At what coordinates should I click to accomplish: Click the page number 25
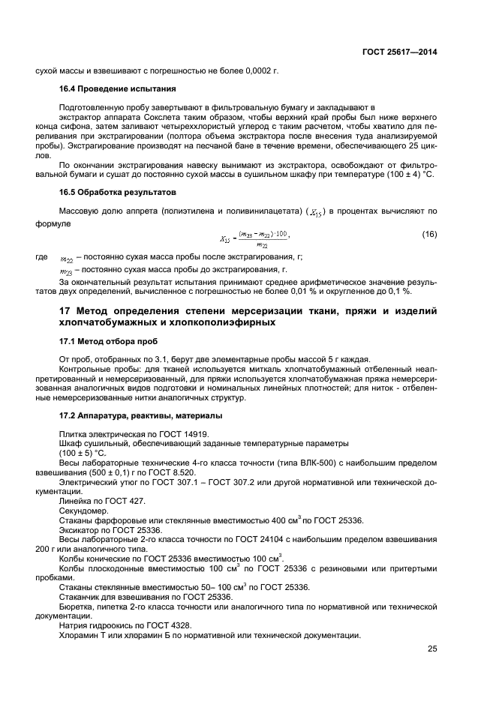click(432, 649)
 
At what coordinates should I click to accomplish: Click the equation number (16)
click(429, 235)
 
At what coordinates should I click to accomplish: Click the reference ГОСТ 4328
click(169, 625)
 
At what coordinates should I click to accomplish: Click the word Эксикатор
click(80, 529)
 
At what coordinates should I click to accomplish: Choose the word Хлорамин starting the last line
click(80, 634)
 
